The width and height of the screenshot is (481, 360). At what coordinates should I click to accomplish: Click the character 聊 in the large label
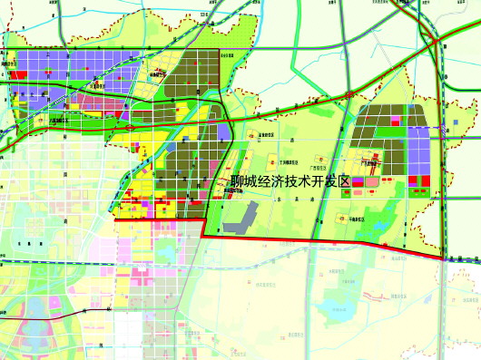pyautogui.click(x=240, y=182)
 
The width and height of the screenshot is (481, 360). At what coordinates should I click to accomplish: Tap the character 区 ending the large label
pyautogui.click(x=343, y=182)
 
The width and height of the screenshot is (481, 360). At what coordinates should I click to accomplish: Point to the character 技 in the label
pyautogui.click(x=291, y=182)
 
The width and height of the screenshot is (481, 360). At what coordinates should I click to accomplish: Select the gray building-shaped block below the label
pyautogui.click(x=240, y=214)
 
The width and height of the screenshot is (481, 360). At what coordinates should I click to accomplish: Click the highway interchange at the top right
pyautogui.click(x=437, y=42)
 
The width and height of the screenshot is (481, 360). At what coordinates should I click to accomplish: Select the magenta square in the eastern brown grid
pyautogui.click(x=395, y=118)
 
